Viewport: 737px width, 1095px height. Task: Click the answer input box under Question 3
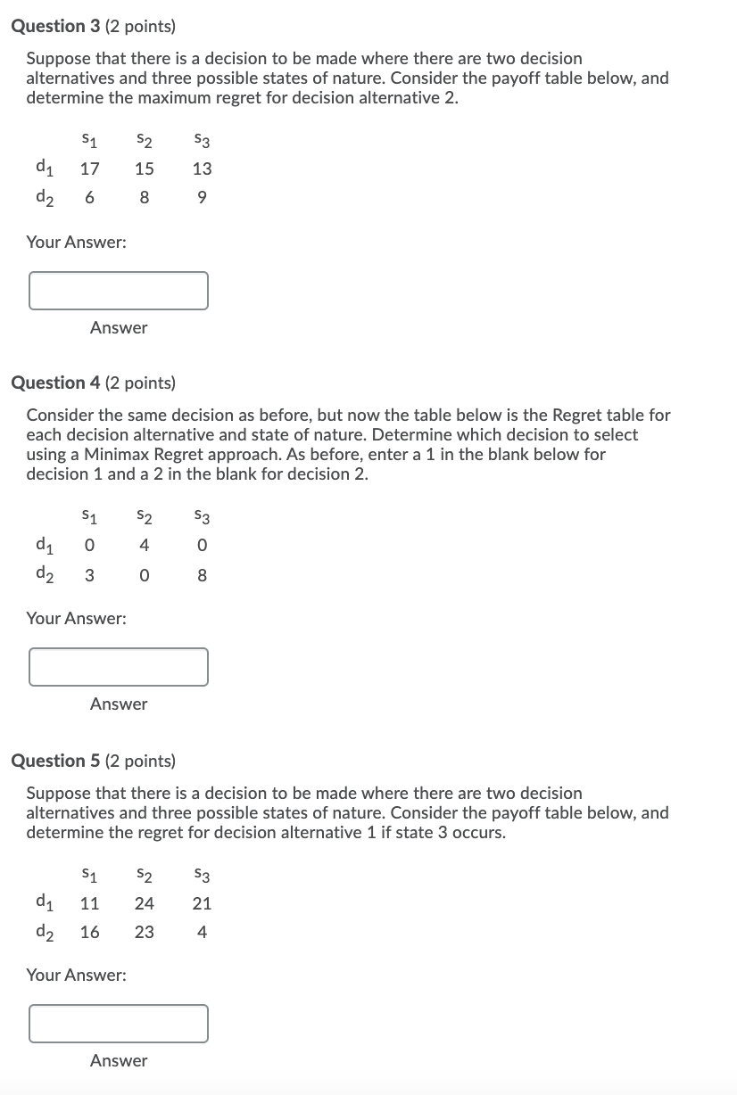tap(119, 291)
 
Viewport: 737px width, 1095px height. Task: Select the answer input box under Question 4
tap(119, 667)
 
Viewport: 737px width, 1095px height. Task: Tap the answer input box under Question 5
tap(119, 1024)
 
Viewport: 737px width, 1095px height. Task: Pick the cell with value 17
tap(89, 169)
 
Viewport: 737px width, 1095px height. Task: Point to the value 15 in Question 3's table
tap(144, 169)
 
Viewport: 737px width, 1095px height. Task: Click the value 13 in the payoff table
tap(203, 169)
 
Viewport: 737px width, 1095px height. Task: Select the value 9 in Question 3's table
tap(203, 198)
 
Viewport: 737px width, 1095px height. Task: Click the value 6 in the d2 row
tap(89, 198)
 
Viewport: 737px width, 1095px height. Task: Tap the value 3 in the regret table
tap(89, 576)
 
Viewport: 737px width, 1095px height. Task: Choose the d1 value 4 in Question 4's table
tap(144, 546)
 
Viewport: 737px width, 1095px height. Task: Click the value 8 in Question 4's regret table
tap(203, 576)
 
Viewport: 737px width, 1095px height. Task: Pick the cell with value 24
tap(144, 903)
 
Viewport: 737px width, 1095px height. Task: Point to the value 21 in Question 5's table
tap(203, 903)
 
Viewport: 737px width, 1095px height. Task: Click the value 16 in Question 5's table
tap(89, 933)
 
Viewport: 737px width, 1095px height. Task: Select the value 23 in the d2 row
tap(144, 933)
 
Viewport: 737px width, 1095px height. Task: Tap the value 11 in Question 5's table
tap(89, 903)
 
